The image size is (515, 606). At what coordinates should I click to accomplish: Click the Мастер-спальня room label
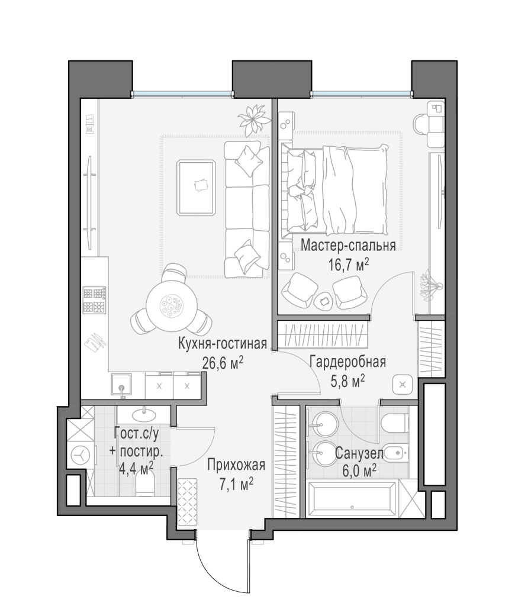coord(348,246)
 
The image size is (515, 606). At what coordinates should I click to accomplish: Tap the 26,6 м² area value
coord(223,363)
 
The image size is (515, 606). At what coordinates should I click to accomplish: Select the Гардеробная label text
coord(348,362)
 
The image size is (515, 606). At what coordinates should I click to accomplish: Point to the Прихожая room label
coord(236,465)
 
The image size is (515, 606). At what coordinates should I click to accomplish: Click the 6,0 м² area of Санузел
coord(359,471)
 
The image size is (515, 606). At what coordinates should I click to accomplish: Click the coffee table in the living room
coord(197,188)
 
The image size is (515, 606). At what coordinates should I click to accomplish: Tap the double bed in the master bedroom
coord(335,189)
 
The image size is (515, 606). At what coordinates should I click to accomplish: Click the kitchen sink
coord(122,386)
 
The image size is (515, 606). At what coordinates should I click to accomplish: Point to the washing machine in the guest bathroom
coord(81,455)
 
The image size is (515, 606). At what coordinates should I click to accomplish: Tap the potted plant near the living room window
coord(253,118)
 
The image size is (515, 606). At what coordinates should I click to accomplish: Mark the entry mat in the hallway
coord(188,502)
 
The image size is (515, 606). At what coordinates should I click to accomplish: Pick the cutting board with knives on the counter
coord(95,340)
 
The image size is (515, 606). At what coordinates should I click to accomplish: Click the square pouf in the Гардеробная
coord(403,385)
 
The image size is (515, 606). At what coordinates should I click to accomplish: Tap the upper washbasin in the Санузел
coord(323,425)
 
